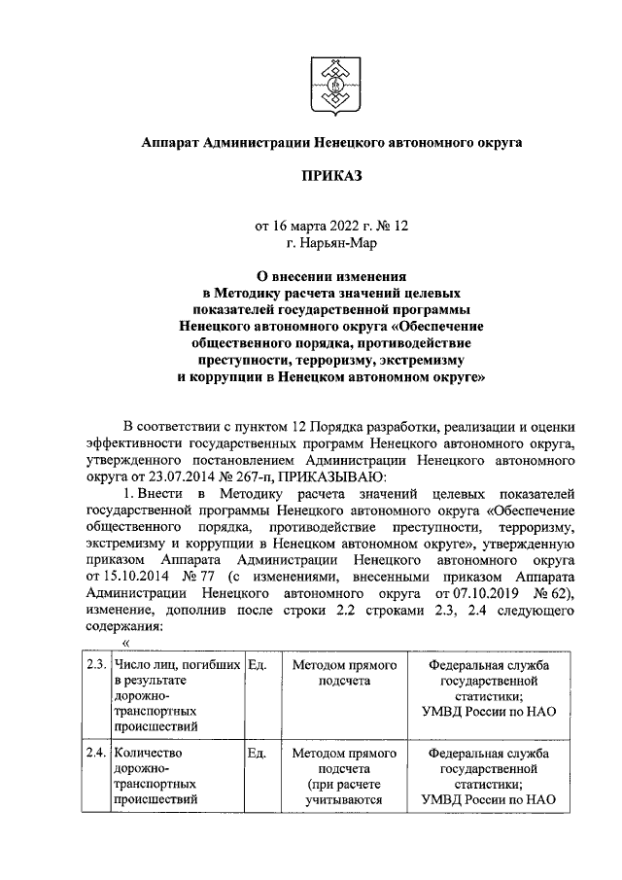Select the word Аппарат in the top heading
pyautogui.click(x=169, y=142)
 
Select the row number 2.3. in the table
pyautogui.click(x=94, y=665)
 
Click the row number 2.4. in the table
pyautogui.click(x=94, y=754)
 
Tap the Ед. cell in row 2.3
pyautogui.click(x=257, y=665)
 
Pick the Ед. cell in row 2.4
pyautogui.click(x=257, y=754)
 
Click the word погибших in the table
pyautogui.click(x=210, y=665)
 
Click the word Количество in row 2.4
pyautogui.click(x=148, y=754)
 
